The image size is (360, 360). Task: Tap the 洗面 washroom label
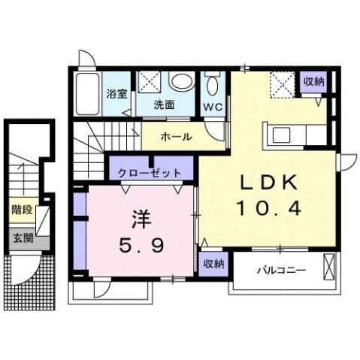click(x=165, y=105)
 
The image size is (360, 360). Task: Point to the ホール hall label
click(x=177, y=137)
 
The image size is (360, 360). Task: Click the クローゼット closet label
click(x=150, y=173)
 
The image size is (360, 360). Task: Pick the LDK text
click(x=270, y=183)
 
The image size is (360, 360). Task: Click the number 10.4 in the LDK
click(x=270, y=208)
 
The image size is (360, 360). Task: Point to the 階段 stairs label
click(x=22, y=210)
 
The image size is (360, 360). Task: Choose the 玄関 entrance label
click(x=22, y=238)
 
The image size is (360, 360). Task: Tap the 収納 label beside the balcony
click(x=213, y=264)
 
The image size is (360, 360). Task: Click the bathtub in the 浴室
click(x=89, y=92)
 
